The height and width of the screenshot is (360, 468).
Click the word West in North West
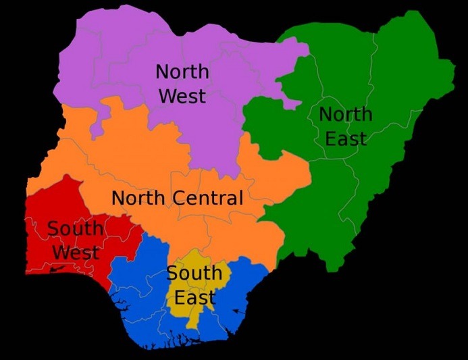click(x=182, y=95)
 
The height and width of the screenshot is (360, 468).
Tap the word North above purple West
click(x=182, y=72)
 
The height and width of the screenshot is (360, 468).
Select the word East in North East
click(x=346, y=138)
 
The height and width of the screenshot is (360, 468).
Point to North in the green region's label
click(x=346, y=115)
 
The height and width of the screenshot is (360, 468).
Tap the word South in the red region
click(x=76, y=229)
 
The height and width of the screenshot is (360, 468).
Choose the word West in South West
click(x=76, y=253)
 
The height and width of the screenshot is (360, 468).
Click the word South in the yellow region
click(x=194, y=274)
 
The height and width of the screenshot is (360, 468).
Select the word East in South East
click(x=194, y=297)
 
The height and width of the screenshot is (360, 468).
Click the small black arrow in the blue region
click(x=238, y=311)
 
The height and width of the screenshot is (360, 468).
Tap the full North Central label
click(x=177, y=199)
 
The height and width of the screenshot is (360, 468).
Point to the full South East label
click(x=194, y=285)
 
